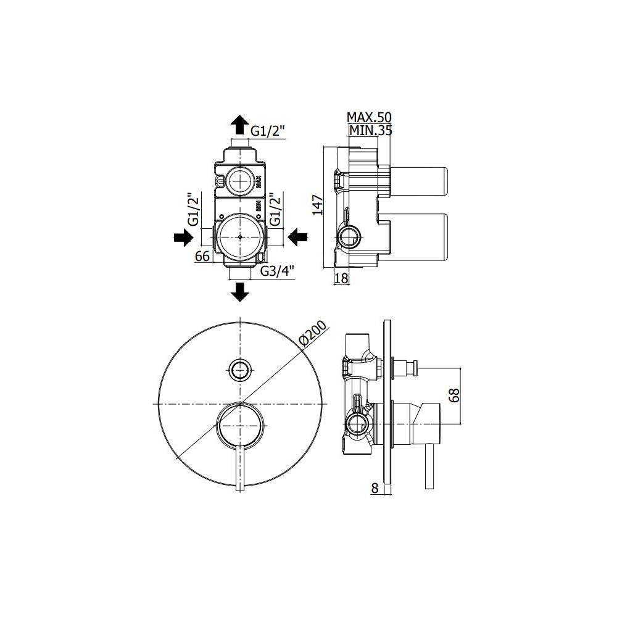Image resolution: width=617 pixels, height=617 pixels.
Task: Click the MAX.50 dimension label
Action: pos(369,117)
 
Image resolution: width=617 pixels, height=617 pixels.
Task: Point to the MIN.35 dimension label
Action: pos(371,130)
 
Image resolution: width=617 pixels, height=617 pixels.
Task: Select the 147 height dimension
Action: pos(318,205)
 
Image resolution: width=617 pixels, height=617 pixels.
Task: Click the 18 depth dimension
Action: pos(341,278)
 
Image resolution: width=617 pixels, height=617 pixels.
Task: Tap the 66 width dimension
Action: pos(202,256)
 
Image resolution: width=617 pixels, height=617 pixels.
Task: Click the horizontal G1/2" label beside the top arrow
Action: pos(268,130)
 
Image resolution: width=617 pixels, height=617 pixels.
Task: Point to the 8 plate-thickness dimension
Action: pos(375,488)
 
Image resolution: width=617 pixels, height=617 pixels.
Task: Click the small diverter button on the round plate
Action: pos(239,370)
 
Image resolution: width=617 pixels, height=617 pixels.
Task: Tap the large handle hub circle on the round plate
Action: pos(240,424)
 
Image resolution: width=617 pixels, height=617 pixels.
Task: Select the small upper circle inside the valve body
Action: pos(239,181)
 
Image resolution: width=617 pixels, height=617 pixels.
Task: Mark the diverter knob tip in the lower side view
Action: pos(416,369)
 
